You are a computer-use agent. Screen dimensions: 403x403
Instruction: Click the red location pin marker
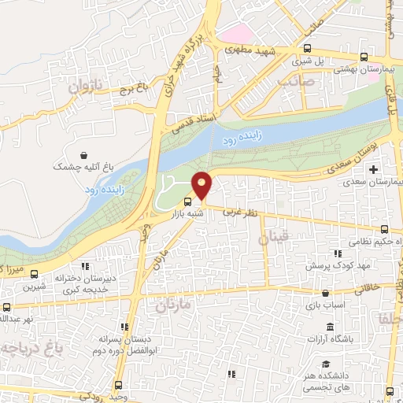click(x=202, y=185)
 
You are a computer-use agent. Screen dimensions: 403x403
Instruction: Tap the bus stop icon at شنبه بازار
click(x=187, y=201)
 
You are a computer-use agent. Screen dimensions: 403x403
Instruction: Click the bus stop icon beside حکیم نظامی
click(x=383, y=230)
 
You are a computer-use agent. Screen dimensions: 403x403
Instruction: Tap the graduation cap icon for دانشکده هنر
click(x=326, y=365)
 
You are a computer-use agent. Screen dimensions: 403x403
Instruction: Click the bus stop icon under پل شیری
click(x=363, y=57)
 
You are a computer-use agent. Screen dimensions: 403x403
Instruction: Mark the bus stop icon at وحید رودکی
click(x=118, y=385)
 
